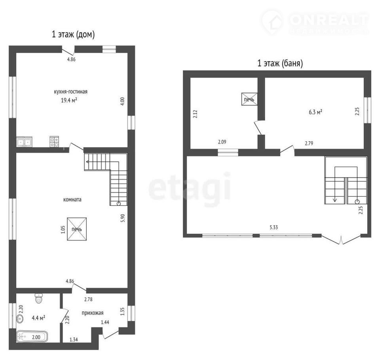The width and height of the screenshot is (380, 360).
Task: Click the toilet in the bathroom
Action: click(x=39, y=298)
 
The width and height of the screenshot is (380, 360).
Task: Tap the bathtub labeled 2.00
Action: click(x=32, y=337)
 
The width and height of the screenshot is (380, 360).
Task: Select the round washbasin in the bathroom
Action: click(x=20, y=318)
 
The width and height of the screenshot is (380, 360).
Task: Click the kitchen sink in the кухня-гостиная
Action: click(x=24, y=142)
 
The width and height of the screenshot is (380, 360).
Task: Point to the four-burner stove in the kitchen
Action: click(x=54, y=142)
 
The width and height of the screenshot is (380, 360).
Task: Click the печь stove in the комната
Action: click(x=77, y=229)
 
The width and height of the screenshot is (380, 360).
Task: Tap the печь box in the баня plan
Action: click(x=249, y=99)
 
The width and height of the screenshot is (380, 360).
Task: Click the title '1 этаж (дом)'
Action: click(x=73, y=34)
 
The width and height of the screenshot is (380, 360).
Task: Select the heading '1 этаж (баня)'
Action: click(x=280, y=63)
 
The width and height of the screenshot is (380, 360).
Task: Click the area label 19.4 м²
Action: click(x=69, y=100)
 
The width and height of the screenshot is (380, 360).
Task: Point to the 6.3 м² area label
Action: click(x=315, y=112)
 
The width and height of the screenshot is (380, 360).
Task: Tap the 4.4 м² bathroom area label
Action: click(x=38, y=318)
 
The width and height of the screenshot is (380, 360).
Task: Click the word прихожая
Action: click(x=93, y=313)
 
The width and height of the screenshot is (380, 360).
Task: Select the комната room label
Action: click(x=72, y=200)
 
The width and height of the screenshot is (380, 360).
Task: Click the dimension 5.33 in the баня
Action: click(x=274, y=227)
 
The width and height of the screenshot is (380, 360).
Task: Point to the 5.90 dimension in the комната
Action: click(x=123, y=218)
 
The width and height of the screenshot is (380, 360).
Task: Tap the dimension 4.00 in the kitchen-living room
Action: click(x=122, y=101)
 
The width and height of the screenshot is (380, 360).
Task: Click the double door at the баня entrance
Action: click(x=341, y=239)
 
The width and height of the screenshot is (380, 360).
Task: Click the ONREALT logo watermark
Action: click(x=315, y=22)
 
